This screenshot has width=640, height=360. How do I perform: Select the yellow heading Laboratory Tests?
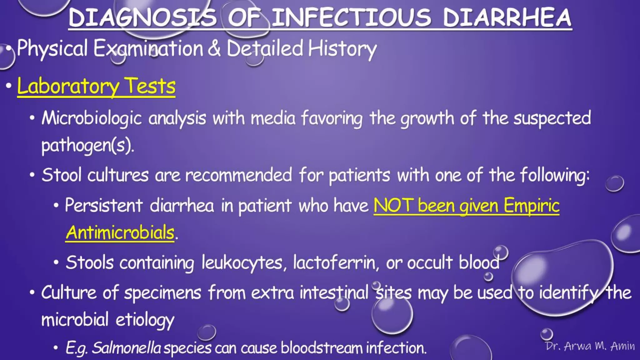click(96, 86)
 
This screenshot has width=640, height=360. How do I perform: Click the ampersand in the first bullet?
click(214, 48)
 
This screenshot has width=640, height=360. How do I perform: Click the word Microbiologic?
click(92, 118)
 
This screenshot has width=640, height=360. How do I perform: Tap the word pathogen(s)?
click(88, 146)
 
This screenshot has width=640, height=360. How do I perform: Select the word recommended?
click(238, 175)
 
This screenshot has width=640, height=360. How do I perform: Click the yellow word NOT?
click(392, 206)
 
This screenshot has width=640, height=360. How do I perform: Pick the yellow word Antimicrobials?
click(120, 233)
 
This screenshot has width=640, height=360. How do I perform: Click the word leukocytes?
click(242, 262)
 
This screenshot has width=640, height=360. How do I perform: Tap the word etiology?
click(145, 320)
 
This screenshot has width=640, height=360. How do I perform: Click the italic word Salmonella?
click(127, 348)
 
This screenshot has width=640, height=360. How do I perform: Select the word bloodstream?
click(321, 348)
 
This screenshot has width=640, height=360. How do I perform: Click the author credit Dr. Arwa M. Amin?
click(590, 346)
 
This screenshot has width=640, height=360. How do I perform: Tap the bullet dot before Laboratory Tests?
click(9, 86)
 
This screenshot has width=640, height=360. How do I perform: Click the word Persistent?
click(104, 206)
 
